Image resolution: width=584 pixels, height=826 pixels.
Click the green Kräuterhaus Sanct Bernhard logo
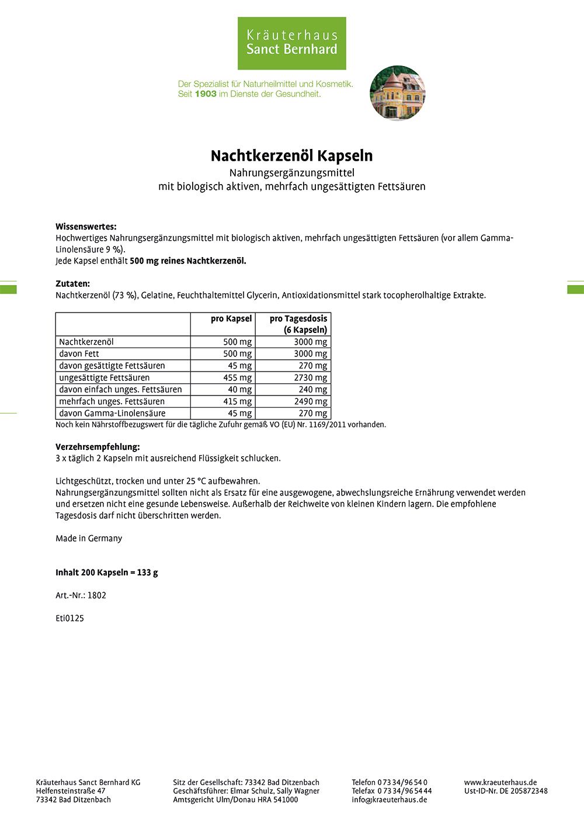click(291, 43)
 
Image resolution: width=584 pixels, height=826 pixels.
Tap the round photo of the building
click(398, 93)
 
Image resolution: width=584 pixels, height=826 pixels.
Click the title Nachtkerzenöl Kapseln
click(291, 156)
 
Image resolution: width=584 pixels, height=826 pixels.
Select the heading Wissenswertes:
click(86, 227)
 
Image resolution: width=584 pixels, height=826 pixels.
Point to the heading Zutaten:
click(72, 284)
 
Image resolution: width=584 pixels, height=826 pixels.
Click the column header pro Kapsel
click(231, 319)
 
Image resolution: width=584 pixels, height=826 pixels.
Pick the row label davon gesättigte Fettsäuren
click(112, 366)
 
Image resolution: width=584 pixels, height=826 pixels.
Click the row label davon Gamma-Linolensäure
click(112, 414)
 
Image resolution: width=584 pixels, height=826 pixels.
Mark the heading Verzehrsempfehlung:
click(98, 447)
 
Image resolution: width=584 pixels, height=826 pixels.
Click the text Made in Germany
click(89, 539)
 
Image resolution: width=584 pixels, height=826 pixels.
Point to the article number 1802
click(97, 596)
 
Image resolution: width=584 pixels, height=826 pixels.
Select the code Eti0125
click(69, 619)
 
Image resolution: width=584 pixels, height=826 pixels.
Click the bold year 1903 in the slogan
click(206, 93)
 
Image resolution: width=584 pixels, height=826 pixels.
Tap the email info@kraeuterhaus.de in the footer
click(389, 800)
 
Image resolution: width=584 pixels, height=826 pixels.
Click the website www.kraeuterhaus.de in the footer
click(500, 782)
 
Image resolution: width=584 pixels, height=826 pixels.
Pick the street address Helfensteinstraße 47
click(71, 791)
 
